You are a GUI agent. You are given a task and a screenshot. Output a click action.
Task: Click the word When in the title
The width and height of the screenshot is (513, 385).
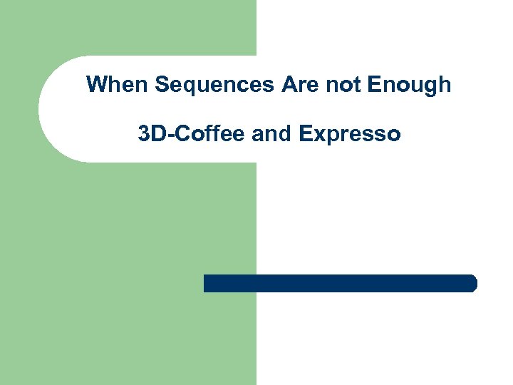coord(117,85)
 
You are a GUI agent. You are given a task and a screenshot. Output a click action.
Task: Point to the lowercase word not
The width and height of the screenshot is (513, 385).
coord(343,85)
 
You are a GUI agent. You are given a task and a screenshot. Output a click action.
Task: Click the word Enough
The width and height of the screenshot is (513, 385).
coord(409,85)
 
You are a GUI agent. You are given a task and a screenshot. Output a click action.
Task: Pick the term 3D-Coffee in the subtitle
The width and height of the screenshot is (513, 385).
coord(192,133)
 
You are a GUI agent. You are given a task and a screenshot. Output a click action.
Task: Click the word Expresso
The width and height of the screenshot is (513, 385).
coord(350,133)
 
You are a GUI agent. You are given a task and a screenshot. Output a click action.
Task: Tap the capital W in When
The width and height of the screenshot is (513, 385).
coord(96,85)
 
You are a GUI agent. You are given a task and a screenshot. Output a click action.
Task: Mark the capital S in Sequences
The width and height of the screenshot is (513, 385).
coord(161,85)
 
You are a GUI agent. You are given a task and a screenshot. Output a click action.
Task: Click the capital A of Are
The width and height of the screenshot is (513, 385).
coord(289,85)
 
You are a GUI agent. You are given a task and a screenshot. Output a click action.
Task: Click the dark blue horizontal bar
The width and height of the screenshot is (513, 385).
coord(340,283)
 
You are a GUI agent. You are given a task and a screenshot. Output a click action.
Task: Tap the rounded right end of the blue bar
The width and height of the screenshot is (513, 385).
coord(472,283)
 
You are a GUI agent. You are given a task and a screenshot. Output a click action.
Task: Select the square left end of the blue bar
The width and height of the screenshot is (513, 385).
coord(207,283)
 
